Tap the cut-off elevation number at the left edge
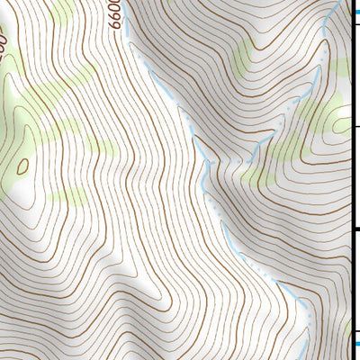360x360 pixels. (4, 40)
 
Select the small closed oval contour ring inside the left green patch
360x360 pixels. (22, 166)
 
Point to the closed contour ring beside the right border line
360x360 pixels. (339, 124)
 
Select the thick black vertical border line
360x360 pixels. (349, 180)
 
